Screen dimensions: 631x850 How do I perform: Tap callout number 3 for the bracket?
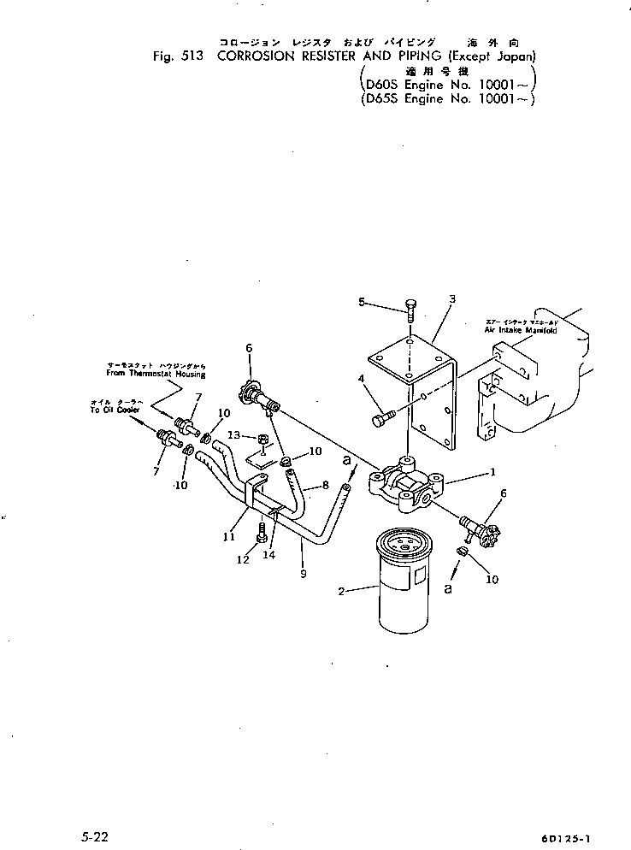pyautogui.click(x=452, y=298)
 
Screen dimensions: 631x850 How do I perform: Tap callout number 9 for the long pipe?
pyautogui.click(x=303, y=574)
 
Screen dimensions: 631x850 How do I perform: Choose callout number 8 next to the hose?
pyautogui.click(x=325, y=485)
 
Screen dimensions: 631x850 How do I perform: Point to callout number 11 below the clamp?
pyautogui.click(x=228, y=536)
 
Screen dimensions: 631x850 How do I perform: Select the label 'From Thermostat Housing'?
pyautogui.click(x=156, y=374)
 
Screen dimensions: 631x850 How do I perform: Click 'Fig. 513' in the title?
pyautogui.click(x=174, y=56)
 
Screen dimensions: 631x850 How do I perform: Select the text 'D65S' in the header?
pyautogui.click(x=382, y=99)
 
